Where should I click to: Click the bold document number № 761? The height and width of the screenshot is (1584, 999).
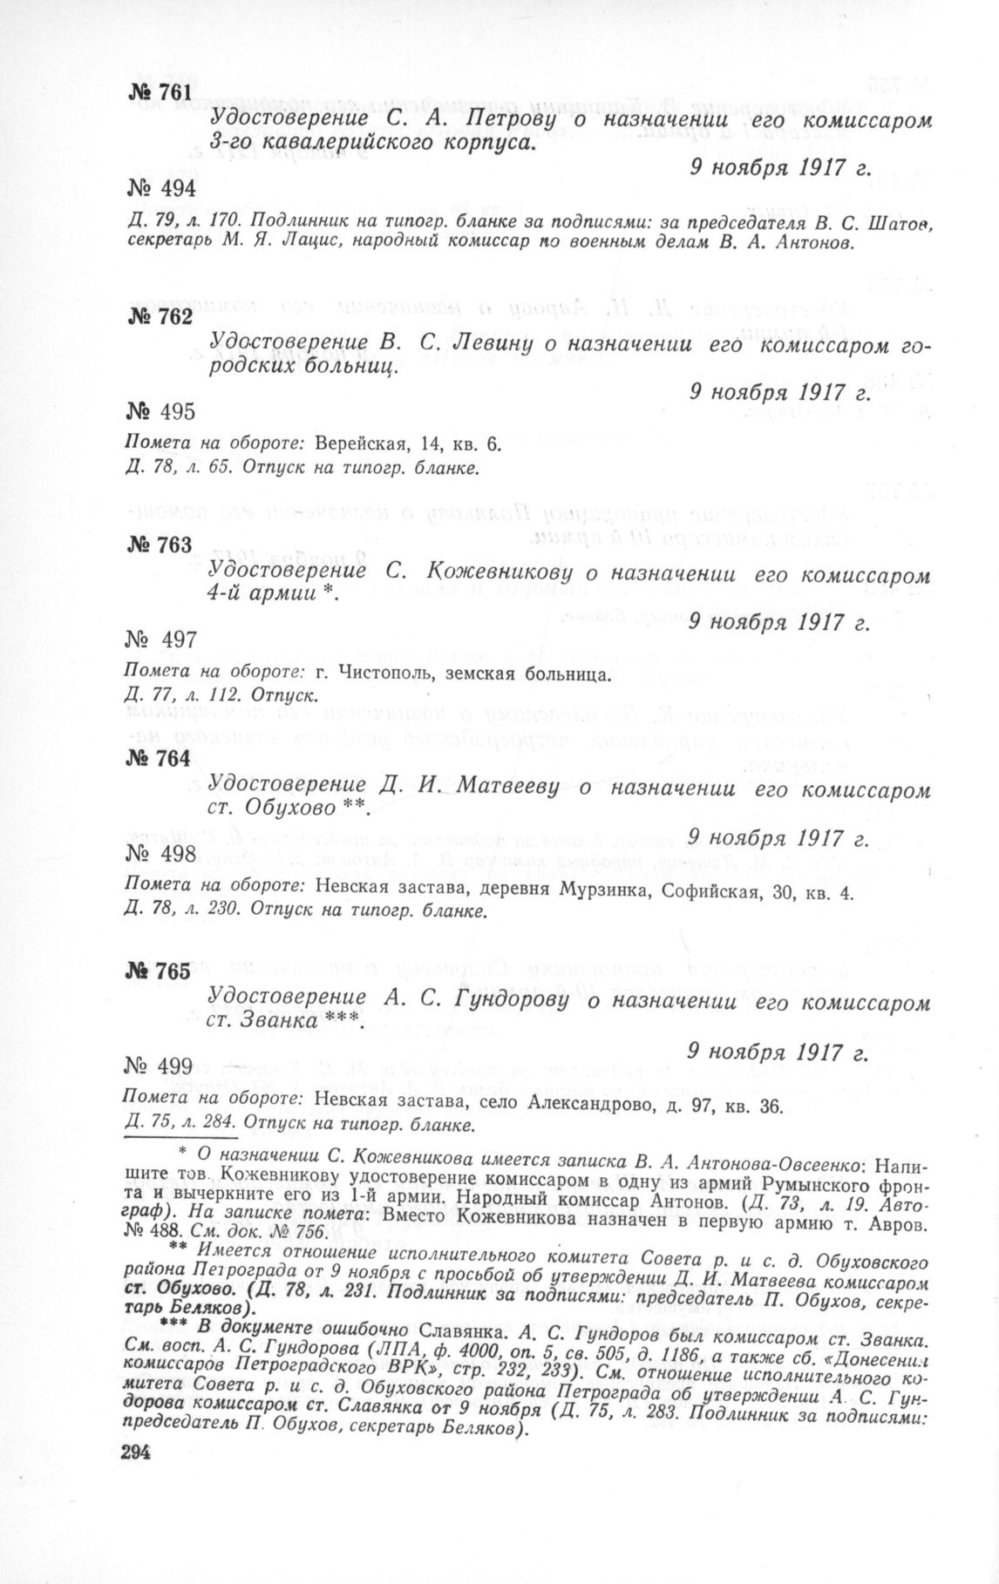click(156, 92)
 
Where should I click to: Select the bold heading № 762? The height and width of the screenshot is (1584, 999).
click(156, 317)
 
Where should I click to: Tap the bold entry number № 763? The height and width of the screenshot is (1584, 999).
click(157, 545)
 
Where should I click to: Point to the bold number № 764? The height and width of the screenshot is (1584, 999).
click(156, 759)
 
